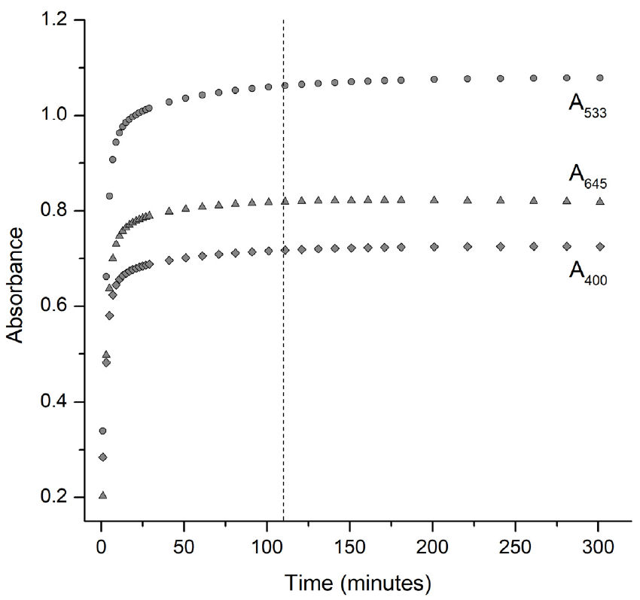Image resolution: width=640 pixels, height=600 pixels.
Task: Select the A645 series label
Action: pos(587,178)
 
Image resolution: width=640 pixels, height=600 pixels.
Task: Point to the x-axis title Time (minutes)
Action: pos(358,582)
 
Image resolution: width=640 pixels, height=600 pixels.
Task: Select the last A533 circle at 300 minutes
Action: pos(600,78)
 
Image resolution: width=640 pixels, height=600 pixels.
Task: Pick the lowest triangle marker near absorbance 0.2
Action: pos(102,495)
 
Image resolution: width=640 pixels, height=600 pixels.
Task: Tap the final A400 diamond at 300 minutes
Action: pos(600,246)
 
